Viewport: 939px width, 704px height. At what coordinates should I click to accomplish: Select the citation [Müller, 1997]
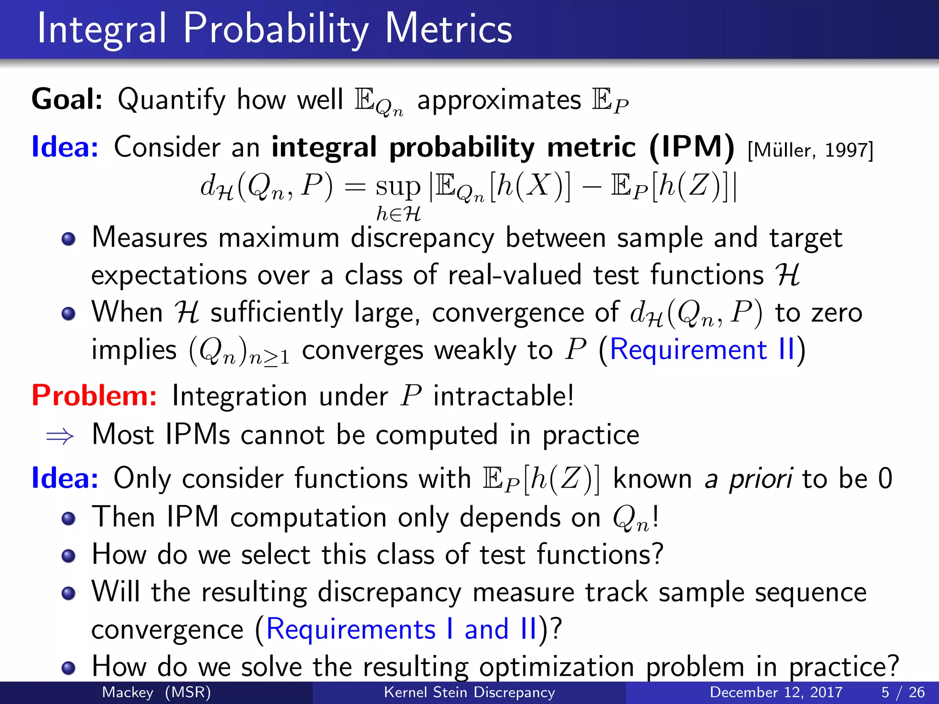[x=810, y=150]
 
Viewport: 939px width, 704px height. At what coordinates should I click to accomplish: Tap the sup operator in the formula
[x=398, y=187]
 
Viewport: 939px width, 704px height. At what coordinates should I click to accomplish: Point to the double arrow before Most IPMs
[x=60, y=435]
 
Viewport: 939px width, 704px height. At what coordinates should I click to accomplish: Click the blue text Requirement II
[x=702, y=350]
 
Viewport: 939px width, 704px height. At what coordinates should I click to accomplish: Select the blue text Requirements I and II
[x=401, y=629]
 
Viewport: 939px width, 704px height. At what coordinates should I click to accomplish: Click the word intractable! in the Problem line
[x=503, y=396]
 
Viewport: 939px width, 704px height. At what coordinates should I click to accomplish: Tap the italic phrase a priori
[x=748, y=478]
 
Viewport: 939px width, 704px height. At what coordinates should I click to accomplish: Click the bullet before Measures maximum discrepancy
[x=68, y=239]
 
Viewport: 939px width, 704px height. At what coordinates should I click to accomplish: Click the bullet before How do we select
[x=68, y=555]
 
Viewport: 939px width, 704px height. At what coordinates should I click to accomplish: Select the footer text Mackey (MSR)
[x=156, y=692]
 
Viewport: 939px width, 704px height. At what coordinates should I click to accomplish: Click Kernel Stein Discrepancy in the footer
[x=469, y=692]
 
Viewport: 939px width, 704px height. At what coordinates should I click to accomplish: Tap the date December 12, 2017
[x=776, y=692]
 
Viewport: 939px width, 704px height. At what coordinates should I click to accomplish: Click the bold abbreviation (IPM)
[x=692, y=148]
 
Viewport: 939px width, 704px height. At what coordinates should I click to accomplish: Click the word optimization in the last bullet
[x=557, y=667]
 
